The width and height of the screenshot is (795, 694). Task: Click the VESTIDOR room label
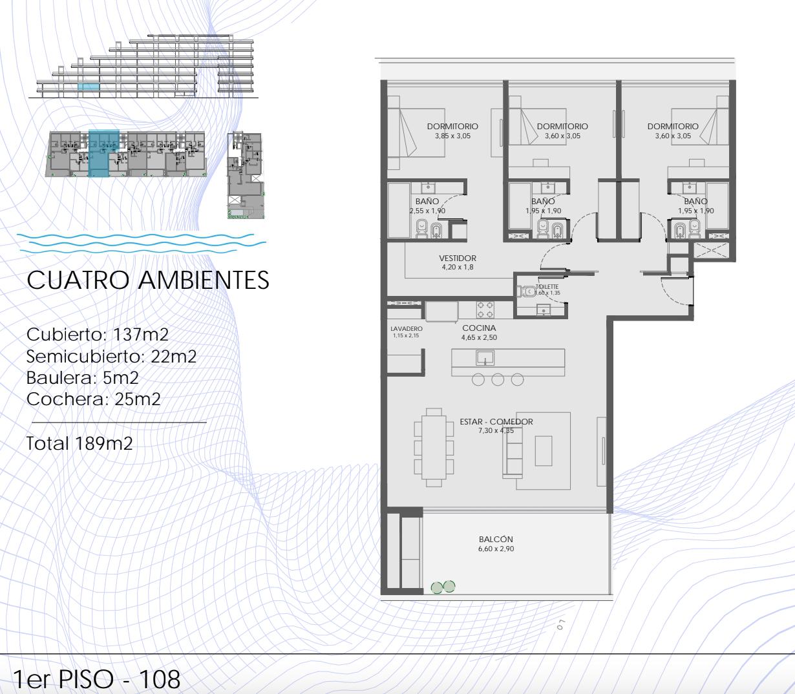point(458,258)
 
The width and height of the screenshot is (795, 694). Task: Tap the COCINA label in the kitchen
point(479,328)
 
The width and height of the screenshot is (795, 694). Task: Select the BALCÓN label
point(496,539)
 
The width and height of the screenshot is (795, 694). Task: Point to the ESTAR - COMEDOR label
point(496,421)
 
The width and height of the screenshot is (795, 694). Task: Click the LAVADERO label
point(407,328)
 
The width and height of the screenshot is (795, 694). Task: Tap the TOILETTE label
point(547,287)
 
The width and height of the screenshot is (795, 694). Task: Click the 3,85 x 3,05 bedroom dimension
point(452,136)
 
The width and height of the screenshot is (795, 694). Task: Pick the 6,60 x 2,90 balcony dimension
point(496,549)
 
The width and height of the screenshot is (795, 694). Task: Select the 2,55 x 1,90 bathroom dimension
point(427,211)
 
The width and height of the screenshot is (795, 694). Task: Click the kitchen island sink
point(485,358)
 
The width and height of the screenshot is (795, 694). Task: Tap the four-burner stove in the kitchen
point(485,310)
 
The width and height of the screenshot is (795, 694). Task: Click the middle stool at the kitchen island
point(498,379)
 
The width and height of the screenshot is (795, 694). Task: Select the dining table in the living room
point(434,447)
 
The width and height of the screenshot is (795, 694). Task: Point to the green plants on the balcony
point(443,587)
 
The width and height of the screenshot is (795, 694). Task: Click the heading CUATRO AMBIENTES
point(147,280)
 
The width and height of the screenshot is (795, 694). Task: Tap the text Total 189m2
point(79,443)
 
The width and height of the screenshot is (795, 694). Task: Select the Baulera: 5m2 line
point(82,378)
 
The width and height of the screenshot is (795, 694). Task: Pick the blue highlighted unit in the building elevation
point(89,87)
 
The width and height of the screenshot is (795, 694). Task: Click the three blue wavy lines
point(142,243)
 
